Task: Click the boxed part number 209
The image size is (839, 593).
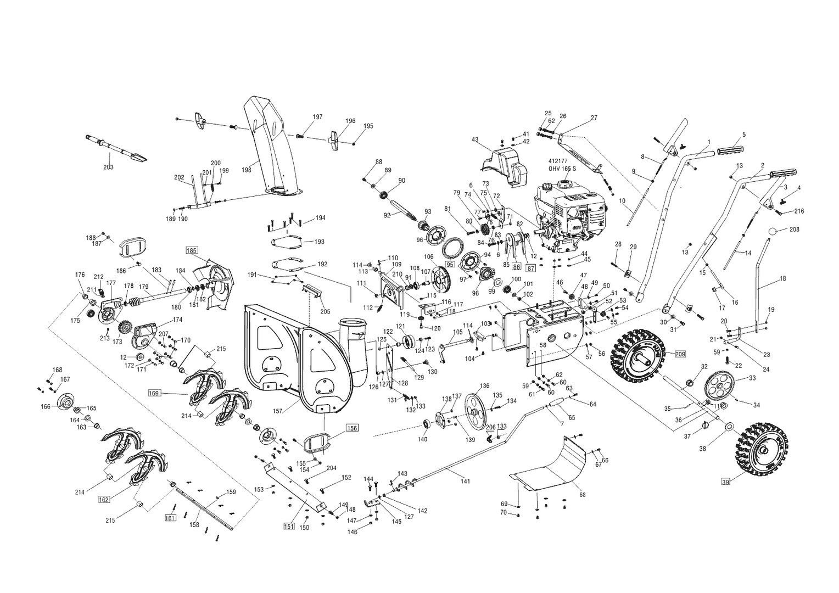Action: (680, 354)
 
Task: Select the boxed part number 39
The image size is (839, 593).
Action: (726, 482)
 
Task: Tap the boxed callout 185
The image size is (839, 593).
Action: (191, 250)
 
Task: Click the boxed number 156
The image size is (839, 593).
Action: (351, 427)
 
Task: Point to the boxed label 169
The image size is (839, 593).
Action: (154, 393)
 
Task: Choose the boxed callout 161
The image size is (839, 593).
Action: (170, 517)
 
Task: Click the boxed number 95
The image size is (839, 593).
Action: (450, 264)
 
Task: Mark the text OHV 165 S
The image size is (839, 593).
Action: (562, 169)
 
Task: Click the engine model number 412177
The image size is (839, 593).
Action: (558, 161)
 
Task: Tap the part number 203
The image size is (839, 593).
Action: (108, 167)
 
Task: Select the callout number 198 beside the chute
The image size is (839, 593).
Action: (246, 170)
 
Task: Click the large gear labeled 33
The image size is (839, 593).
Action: (720, 387)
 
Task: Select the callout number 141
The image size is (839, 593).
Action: (465, 482)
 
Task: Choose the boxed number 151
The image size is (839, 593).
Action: (289, 527)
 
